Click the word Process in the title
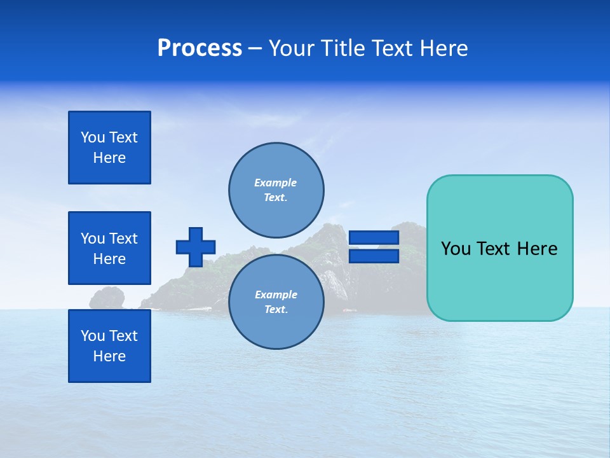(x=200, y=48)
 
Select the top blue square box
(x=109, y=148)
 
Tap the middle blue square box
(x=109, y=248)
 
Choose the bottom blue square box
(x=109, y=346)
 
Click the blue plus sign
(x=196, y=247)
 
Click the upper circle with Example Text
(x=276, y=190)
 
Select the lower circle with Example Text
(x=276, y=302)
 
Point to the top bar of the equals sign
(x=374, y=238)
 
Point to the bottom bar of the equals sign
(x=374, y=256)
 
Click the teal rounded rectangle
(x=499, y=248)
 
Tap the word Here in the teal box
(x=537, y=249)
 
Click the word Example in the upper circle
(x=275, y=183)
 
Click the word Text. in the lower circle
(x=276, y=310)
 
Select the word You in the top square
(x=92, y=137)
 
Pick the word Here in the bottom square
(x=109, y=356)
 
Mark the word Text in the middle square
(x=123, y=239)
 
